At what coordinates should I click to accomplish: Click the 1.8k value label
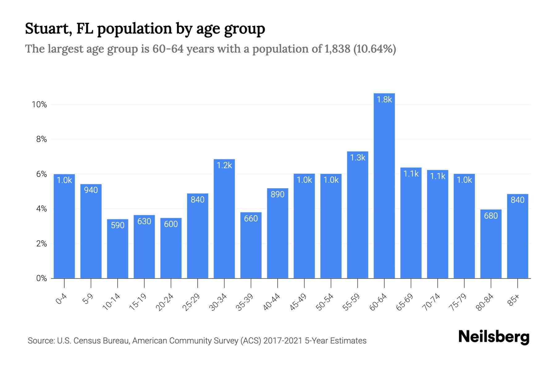coord(384,100)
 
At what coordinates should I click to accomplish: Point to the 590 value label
coord(117,225)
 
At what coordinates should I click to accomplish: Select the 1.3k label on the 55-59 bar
coord(358,158)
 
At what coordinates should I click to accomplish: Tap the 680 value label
coord(491,216)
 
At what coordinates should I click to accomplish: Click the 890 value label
coord(277,194)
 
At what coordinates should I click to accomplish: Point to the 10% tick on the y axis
coord(40,104)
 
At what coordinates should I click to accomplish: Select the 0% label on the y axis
coord(42,279)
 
